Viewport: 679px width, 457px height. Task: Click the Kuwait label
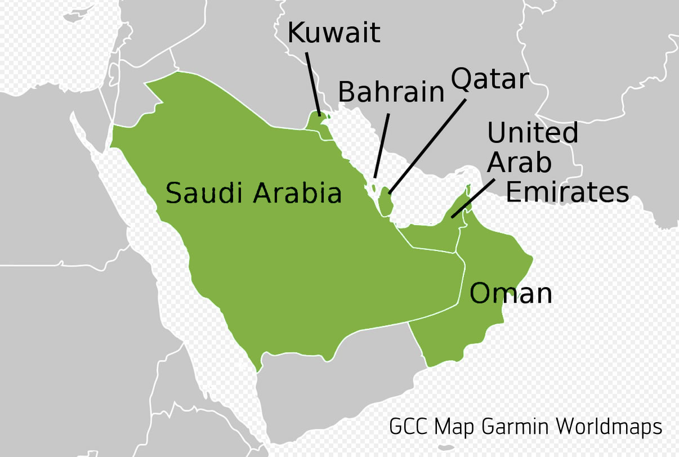334,33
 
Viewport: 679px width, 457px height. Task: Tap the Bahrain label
391,92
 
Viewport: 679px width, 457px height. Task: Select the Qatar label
490,79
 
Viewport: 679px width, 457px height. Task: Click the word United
533,133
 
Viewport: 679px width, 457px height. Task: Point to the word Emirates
567,191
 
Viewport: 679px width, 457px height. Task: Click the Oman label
511,294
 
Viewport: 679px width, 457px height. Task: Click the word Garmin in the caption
517,427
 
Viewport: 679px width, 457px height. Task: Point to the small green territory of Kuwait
315,124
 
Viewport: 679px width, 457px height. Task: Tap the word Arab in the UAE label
519,163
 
